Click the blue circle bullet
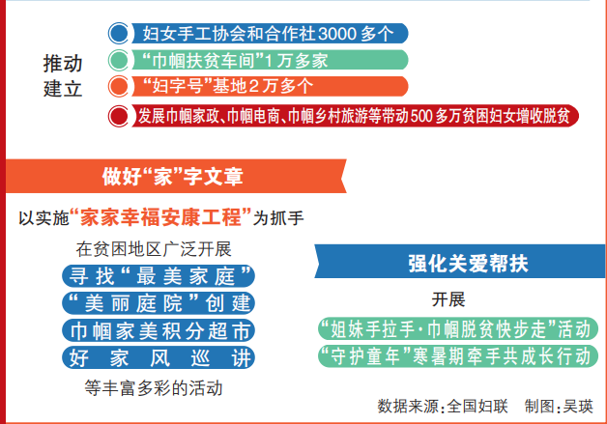119,33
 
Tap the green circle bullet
119,60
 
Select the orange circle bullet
119,86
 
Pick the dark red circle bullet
119,116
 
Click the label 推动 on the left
63,63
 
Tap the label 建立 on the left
63,89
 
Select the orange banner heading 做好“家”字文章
173,177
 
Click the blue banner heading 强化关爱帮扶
468,264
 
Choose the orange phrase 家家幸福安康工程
161,217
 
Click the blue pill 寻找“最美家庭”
159,276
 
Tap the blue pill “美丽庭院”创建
159,303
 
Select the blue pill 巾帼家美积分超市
159,330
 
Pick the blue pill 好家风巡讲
159,358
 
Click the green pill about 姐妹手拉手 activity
458,329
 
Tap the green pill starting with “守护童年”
458,356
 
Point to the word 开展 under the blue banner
448,299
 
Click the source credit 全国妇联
477,407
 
